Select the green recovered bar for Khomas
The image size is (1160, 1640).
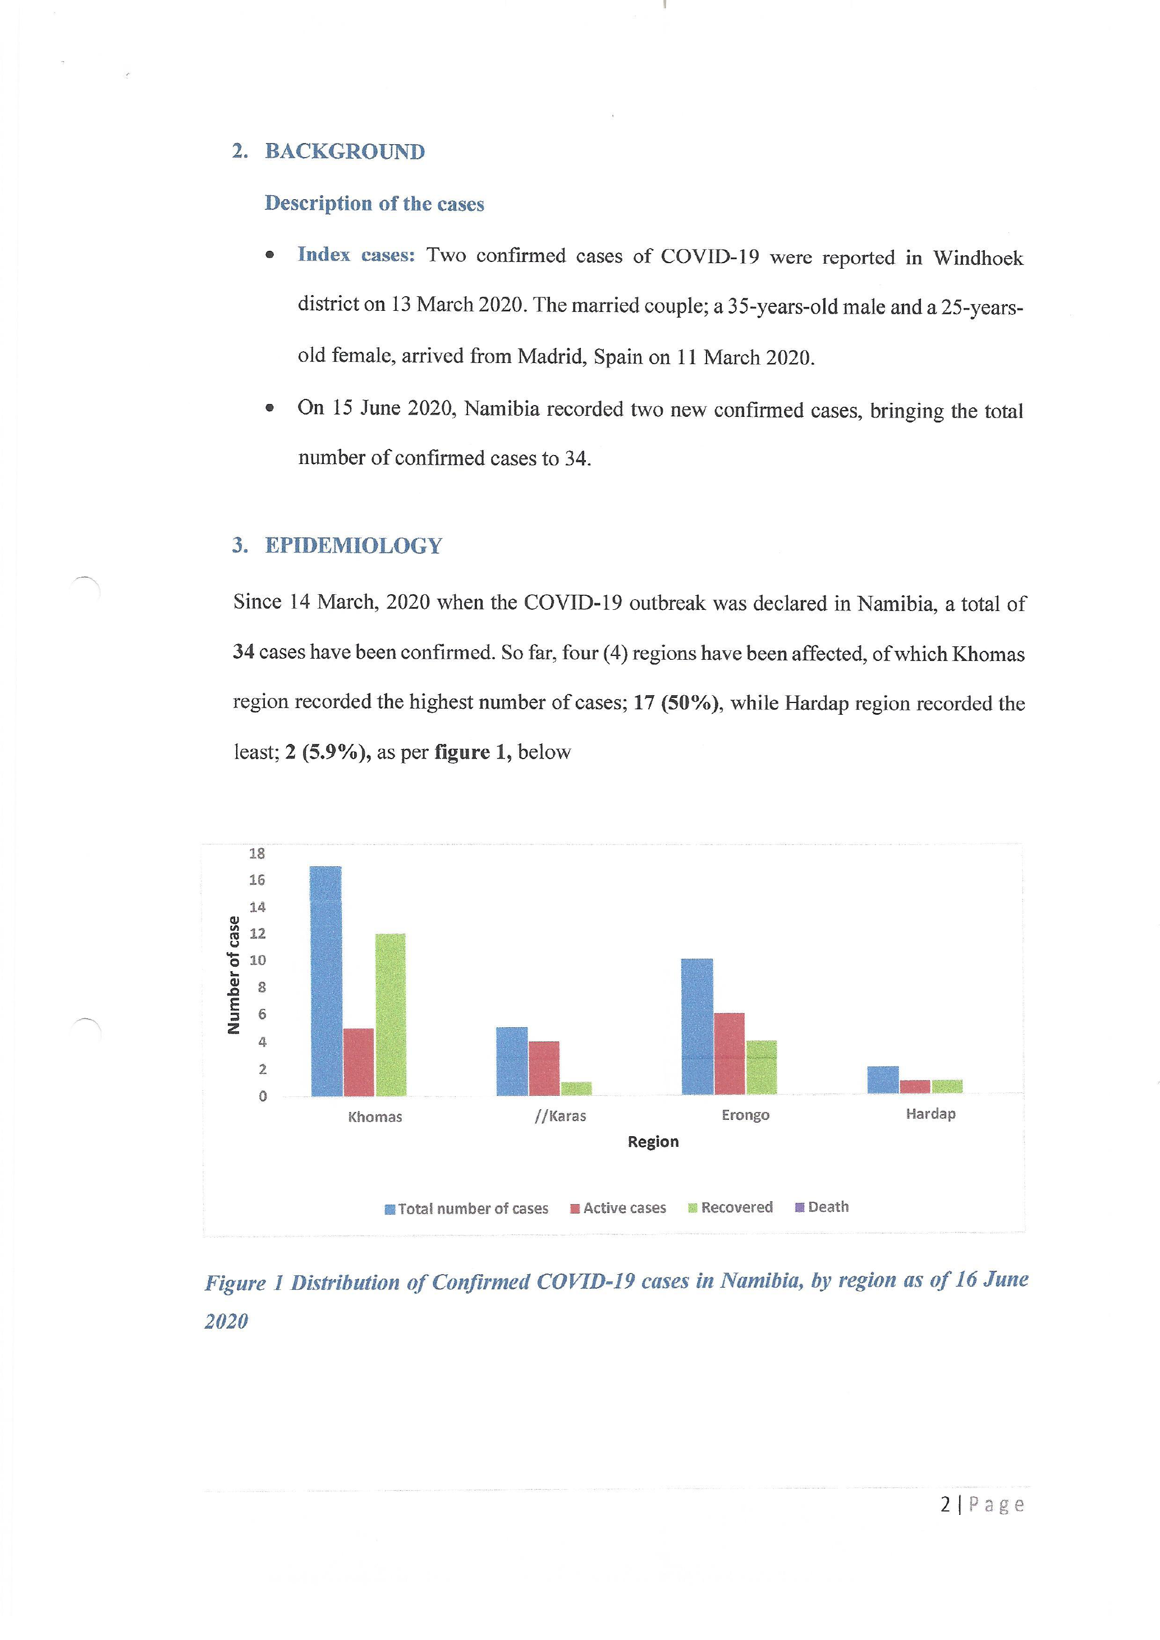pyautogui.click(x=391, y=1014)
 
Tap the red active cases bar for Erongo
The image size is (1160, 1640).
pyautogui.click(x=730, y=1054)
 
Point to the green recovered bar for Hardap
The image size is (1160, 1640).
pyautogui.click(x=947, y=1086)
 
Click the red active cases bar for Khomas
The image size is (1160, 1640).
pyautogui.click(x=359, y=1062)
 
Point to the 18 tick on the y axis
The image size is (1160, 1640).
pyautogui.click(x=257, y=853)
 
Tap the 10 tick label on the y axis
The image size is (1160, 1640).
pyautogui.click(x=257, y=960)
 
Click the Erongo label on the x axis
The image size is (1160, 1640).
pyautogui.click(x=745, y=1115)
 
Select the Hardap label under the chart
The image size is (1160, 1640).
pyautogui.click(x=930, y=1114)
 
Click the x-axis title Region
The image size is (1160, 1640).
pyautogui.click(x=653, y=1141)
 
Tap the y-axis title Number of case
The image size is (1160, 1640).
pyautogui.click(x=233, y=975)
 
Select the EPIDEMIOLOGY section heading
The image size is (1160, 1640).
pyautogui.click(x=354, y=546)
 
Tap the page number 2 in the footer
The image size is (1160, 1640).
pyautogui.click(x=946, y=1505)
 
